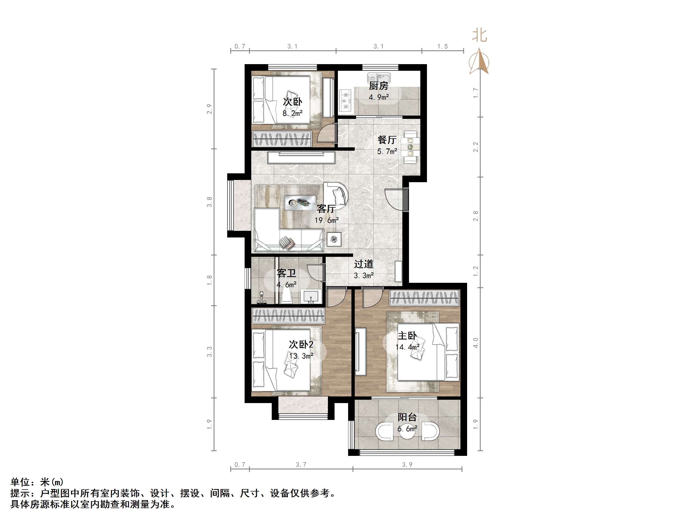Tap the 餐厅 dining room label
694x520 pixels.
tap(387, 140)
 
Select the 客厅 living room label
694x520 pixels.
tap(326, 208)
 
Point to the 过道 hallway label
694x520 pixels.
tap(364, 264)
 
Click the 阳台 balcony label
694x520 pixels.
tap(407, 417)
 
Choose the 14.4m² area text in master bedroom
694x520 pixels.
tap(407, 347)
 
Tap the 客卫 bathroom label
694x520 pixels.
tap(286, 273)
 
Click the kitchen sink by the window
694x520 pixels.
tap(379, 77)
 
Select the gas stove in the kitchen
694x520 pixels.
tap(346, 100)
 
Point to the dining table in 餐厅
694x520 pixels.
tap(410, 147)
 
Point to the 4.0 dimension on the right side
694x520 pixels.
tap(476, 343)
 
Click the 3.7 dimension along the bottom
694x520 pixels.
tap(301, 464)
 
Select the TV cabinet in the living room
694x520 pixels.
tap(301, 157)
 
